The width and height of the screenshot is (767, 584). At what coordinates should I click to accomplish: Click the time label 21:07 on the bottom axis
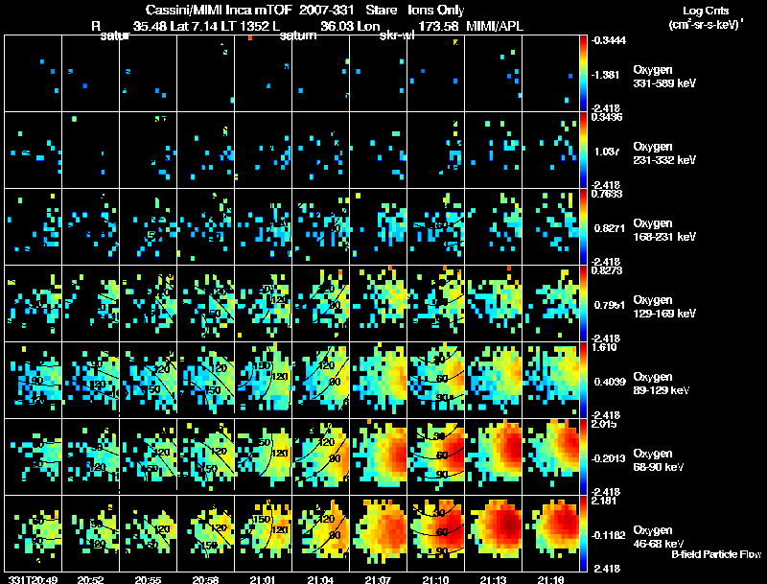pyautogui.click(x=379, y=579)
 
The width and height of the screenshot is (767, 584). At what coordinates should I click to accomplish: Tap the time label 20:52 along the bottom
pyautogui.click(x=90, y=579)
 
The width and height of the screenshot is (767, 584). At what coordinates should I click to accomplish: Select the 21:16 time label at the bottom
pyautogui.click(x=551, y=579)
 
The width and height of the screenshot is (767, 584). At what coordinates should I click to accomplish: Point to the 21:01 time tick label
pyautogui.click(x=263, y=579)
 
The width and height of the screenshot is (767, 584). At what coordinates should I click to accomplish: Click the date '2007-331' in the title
pyautogui.click(x=325, y=10)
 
